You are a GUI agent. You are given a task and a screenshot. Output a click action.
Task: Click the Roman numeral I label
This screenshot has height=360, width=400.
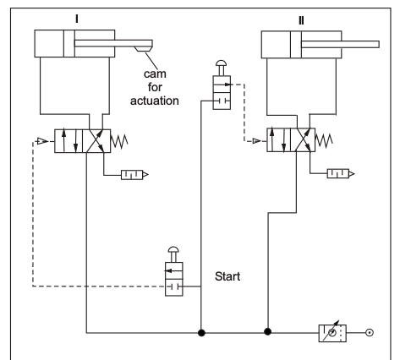77,19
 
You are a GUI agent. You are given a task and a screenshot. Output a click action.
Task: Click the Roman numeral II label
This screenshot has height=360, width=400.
301,20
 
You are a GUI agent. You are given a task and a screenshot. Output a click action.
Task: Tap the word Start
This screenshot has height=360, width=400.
227,276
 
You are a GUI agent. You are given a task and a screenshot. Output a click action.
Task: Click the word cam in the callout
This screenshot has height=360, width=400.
155,74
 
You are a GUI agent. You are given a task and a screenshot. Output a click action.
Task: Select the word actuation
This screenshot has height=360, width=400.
155,101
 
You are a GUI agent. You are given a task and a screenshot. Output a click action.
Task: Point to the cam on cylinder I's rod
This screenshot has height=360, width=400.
143,49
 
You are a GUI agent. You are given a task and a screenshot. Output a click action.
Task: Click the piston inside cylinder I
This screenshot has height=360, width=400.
69,44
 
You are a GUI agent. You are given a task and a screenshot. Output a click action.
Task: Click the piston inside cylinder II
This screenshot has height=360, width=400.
296,45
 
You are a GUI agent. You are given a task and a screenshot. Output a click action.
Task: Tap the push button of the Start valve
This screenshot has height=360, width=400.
173,249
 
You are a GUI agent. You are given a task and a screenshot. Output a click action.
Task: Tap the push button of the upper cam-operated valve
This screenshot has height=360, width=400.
222,63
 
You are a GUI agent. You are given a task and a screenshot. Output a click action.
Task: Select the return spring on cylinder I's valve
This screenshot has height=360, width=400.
119,141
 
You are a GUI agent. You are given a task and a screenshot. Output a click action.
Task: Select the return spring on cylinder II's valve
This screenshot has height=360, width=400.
324,140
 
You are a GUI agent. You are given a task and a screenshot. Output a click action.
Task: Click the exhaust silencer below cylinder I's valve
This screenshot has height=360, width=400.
134,175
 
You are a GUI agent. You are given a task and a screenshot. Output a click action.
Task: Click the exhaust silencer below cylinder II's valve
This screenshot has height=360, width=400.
341,173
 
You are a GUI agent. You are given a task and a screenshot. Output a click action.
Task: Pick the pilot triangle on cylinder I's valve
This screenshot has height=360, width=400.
42,141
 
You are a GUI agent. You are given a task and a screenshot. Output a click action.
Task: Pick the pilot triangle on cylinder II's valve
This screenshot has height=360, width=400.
256,140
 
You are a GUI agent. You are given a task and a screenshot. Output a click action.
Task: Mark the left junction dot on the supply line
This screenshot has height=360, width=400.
201,333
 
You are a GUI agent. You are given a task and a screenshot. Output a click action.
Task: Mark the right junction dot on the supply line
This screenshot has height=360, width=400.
268,332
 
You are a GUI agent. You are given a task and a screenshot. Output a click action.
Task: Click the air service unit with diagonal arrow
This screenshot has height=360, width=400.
332,333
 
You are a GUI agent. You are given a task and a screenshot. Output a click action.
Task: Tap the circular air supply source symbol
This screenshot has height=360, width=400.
370,333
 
